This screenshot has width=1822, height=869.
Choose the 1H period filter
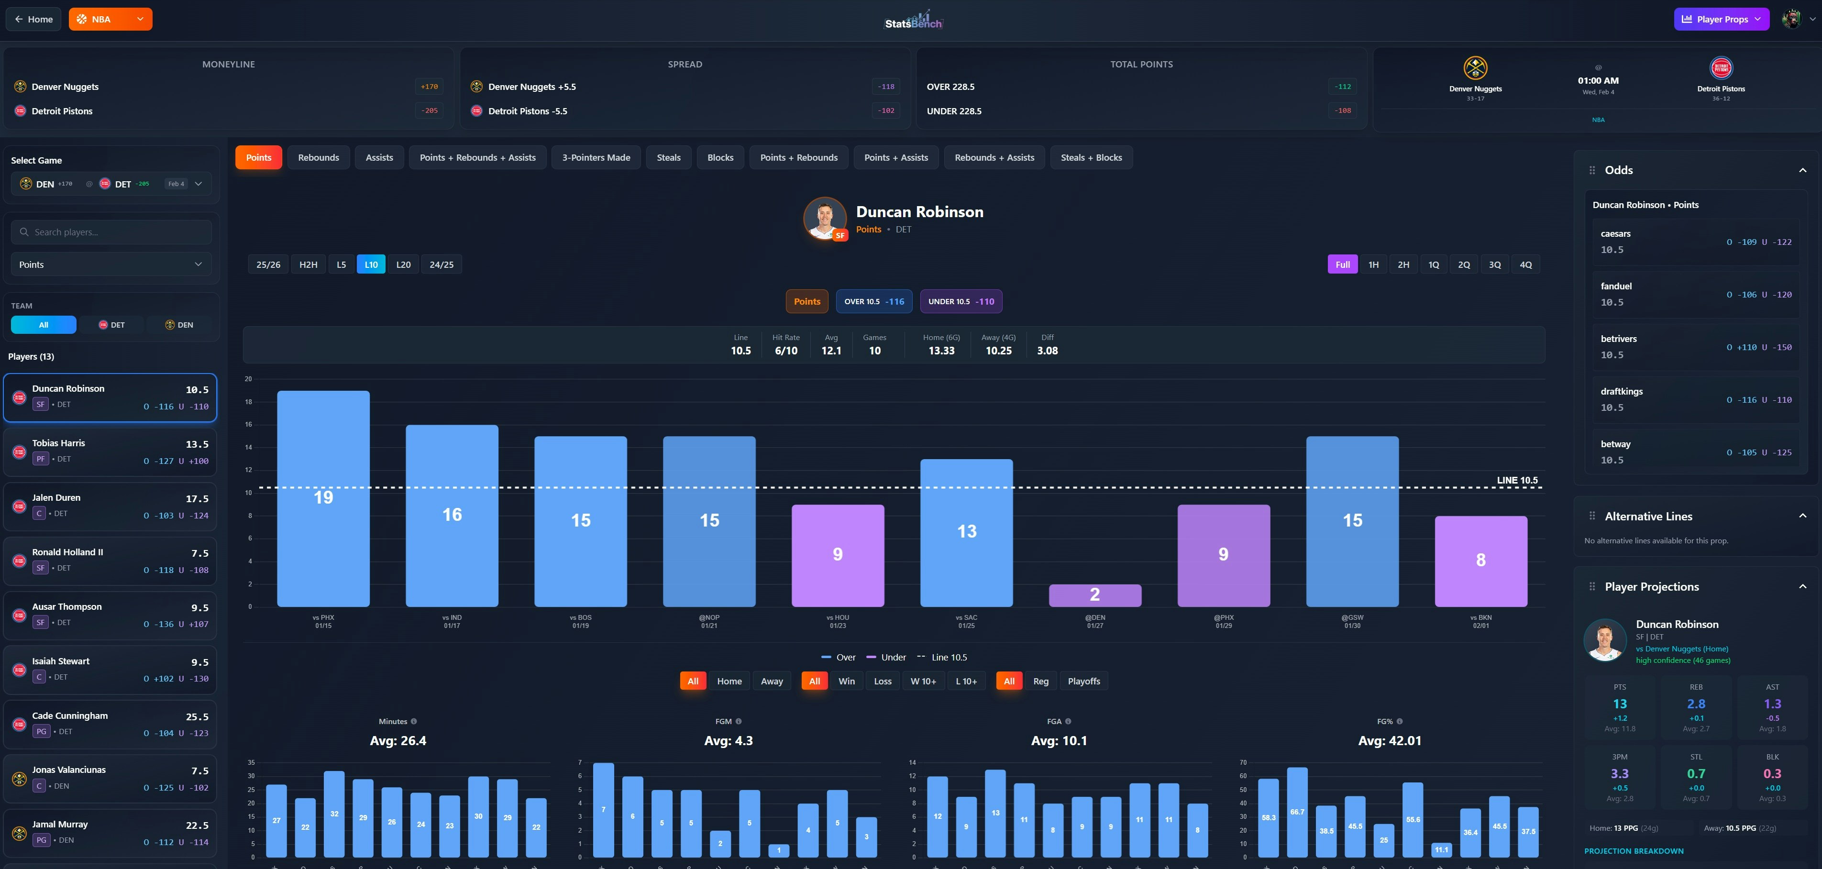click(x=1373, y=264)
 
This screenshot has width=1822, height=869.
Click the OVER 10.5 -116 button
click(x=873, y=301)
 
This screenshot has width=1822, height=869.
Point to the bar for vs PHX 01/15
click(x=323, y=498)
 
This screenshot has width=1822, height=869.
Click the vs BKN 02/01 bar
click(x=1480, y=561)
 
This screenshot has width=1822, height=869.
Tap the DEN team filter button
click(x=180, y=325)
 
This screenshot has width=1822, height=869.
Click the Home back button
click(x=33, y=19)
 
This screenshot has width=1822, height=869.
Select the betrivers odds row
click(x=1695, y=346)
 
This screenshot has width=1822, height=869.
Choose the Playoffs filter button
click(x=1083, y=681)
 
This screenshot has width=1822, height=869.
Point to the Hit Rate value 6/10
click(x=786, y=351)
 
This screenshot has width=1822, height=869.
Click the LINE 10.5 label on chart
click(x=1517, y=480)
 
